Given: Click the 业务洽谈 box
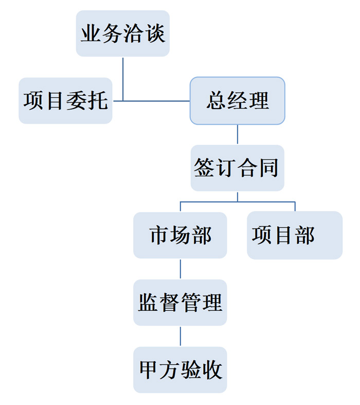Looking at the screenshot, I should click(123, 33).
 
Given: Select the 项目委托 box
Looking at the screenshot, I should click(65, 101).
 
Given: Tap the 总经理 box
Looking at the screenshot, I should click(238, 101).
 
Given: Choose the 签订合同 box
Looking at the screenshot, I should click(237, 168).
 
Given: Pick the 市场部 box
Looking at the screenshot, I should click(180, 235).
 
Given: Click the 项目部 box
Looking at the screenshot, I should click(295, 235).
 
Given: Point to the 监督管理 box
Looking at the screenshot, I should click(180, 303).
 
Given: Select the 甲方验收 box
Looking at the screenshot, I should click(180, 370).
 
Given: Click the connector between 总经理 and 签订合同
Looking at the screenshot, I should click(238, 134).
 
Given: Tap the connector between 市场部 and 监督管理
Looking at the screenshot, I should click(180, 269).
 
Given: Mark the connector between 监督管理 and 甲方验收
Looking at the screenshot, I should click(180, 336).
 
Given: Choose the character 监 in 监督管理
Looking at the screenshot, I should click(149, 303).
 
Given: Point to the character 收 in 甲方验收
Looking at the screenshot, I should click(212, 370).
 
